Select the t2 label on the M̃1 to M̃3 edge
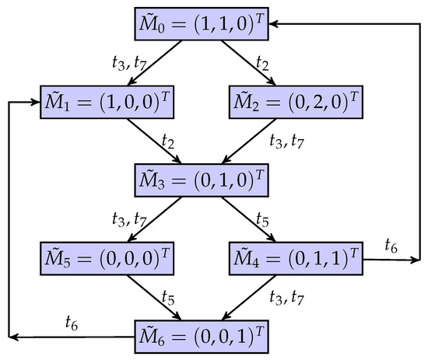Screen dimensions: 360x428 (x=166, y=141)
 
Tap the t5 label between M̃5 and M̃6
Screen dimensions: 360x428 (x=166, y=297)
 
